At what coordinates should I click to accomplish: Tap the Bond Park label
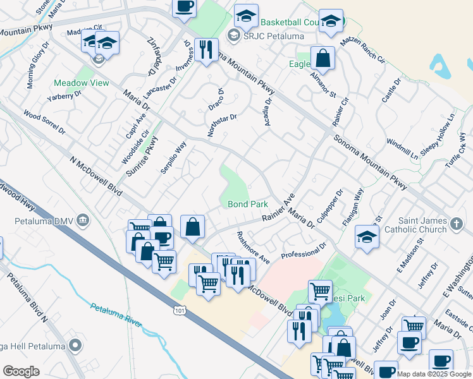click(248, 204)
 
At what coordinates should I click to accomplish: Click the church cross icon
click(457, 223)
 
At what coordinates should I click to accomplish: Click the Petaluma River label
click(116, 314)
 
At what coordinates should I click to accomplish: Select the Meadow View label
click(81, 83)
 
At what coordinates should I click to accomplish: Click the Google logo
click(21, 371)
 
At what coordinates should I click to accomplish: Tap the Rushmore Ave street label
click(253, 248)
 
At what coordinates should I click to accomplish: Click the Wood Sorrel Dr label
click(44, 123)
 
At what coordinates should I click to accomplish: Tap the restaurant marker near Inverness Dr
click(206, 51)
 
